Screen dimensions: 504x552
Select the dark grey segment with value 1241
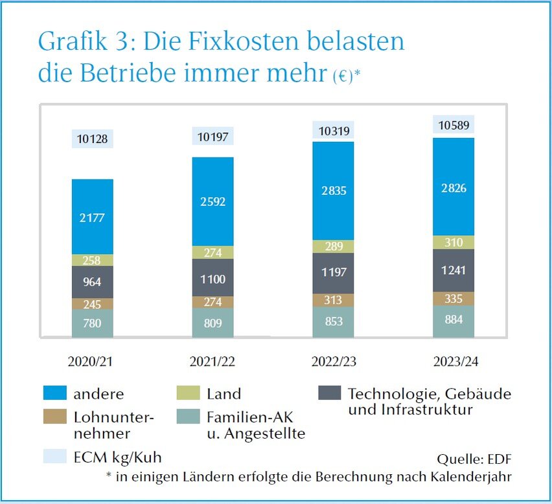click(x=454, y=270)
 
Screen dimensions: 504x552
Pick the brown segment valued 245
click(x=93, y=303)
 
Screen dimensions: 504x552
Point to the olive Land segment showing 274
click(x=213, y=253)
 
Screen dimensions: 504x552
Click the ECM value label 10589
click(x=454, y=125)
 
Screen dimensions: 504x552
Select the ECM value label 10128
click(x=93, y=139)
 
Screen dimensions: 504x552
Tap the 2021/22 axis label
click(x=213, y=361)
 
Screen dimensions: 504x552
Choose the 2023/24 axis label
click(x=454, y=361)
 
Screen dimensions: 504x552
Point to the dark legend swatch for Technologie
click(x=331, y=393)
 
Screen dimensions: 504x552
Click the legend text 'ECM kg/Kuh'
click(x=127, y=457)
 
